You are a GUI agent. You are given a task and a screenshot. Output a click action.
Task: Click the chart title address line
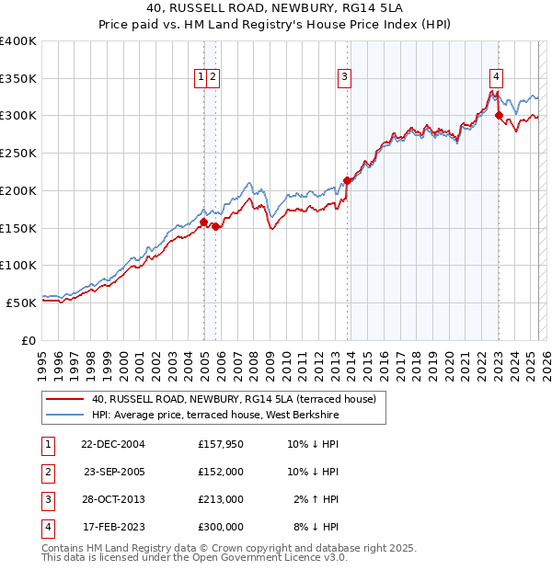(x=275, y=8)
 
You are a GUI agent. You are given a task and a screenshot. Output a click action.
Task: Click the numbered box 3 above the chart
(x=344, y=78)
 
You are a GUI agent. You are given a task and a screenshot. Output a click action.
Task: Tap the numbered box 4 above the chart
(x=496, y=78)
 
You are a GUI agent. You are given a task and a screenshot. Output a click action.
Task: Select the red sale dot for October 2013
(x=347, y=181)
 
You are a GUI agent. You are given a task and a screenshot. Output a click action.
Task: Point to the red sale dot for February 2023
(x=499, y=116)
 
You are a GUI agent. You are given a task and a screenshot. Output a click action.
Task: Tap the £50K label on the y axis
(x=20, y=302)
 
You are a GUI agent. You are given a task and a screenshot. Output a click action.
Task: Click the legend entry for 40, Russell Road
(x=234, y=400)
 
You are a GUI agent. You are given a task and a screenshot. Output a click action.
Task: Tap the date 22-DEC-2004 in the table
(x=112, y=445)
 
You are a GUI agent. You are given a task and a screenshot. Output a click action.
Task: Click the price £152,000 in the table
(x=221, y=473)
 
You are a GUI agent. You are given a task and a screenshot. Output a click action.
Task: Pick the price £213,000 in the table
(x=221, y=500)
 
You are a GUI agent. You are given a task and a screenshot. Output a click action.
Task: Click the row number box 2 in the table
(x=46, y=473)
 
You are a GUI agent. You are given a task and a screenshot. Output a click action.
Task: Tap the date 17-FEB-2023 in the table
(x=112, y=528)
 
